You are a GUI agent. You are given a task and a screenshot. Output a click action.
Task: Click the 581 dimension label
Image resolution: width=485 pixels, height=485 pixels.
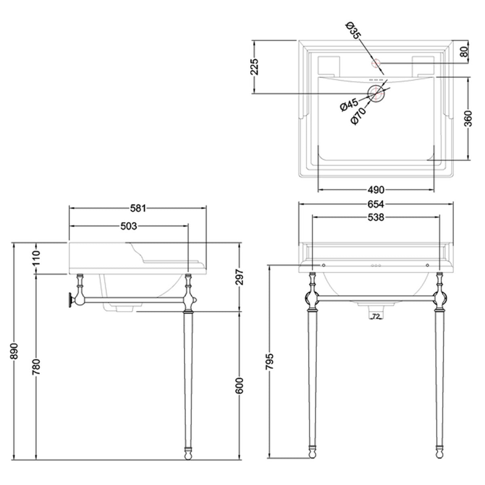tap(138, 209)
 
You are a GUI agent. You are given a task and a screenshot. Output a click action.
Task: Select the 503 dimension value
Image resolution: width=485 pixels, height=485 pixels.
tap(129, 226)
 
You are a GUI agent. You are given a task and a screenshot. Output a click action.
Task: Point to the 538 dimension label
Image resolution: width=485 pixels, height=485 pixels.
tap(376, 218)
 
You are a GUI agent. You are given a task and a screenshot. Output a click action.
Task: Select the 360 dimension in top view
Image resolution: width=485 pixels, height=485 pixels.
tap(468, 118)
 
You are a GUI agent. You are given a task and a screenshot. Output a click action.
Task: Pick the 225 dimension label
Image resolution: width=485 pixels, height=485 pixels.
tap(254, 67)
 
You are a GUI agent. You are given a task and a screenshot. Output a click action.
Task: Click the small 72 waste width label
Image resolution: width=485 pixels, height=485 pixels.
tap(376, 316)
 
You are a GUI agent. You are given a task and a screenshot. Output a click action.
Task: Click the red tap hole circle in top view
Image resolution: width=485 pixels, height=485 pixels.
tap(376, 63)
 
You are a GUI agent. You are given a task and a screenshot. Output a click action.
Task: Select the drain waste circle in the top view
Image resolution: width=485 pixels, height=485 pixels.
tap(377, 93)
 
